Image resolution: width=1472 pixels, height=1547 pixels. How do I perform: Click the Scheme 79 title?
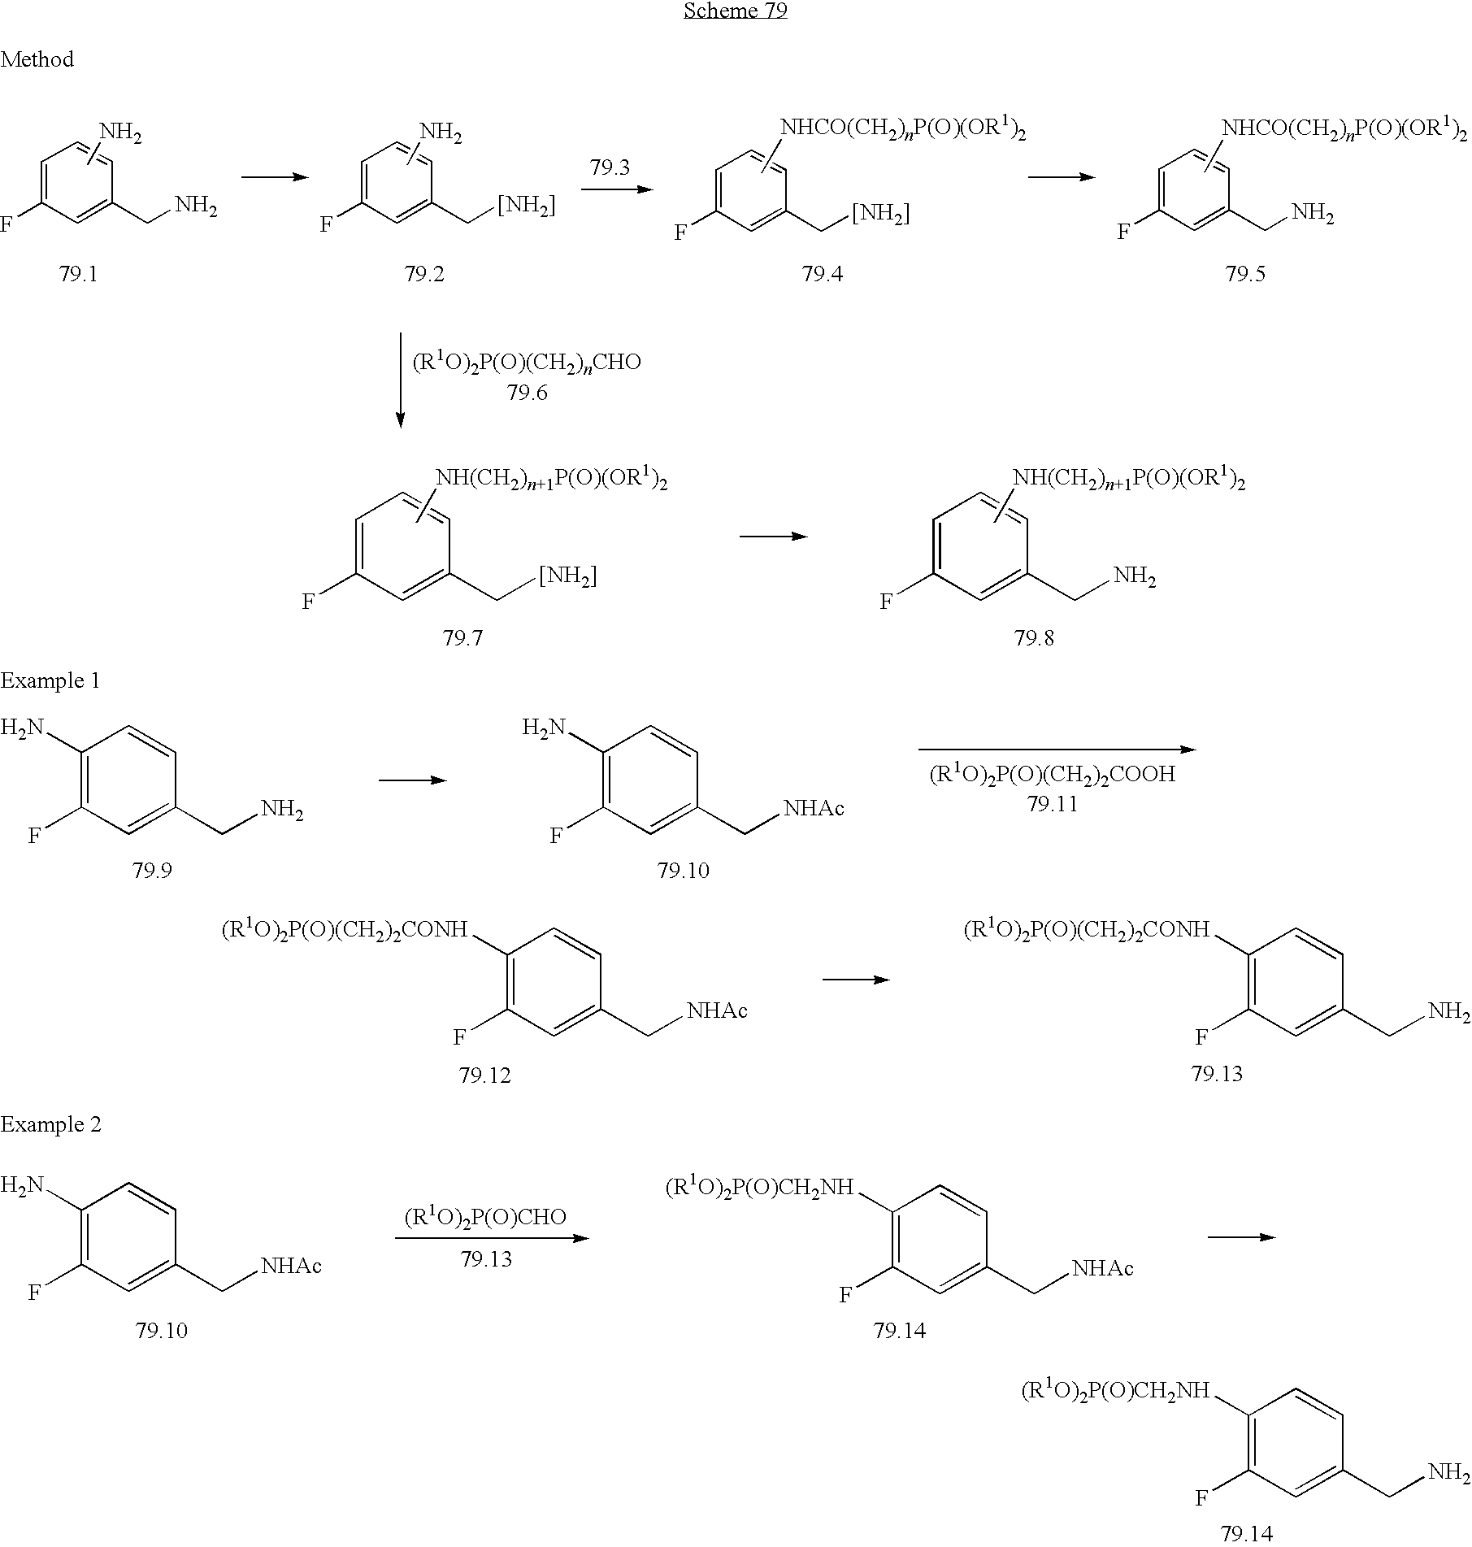[735, 11]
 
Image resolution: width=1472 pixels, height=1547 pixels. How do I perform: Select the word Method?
[37, 59]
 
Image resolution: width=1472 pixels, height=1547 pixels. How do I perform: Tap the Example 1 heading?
[50, 680]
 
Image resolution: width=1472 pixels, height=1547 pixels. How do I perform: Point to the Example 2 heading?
[50, 1124]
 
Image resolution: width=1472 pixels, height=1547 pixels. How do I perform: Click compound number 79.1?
[78, 274]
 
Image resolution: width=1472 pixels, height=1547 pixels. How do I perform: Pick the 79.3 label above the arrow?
[610, 167]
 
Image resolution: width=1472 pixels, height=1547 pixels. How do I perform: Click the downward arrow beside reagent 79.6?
[400, 379]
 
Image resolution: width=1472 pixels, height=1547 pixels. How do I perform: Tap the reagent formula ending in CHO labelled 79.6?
[527, 363]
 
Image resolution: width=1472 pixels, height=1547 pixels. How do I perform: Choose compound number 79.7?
[462, 639]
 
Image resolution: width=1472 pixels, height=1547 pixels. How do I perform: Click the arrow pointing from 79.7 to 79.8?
[773, 536]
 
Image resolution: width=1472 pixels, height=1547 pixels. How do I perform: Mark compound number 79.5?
[1245, 274]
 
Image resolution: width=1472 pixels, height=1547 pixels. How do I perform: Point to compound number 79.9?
[153, 871]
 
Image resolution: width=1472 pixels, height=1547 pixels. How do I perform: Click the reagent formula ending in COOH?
[1052, 774]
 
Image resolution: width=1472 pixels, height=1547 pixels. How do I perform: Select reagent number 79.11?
[1052, 804]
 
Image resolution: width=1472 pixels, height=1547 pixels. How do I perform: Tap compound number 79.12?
[484, 1076]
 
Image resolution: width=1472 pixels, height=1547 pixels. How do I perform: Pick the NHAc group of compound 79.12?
[717, 1010]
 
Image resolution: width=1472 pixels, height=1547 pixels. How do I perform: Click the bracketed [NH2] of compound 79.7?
[567, 576]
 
